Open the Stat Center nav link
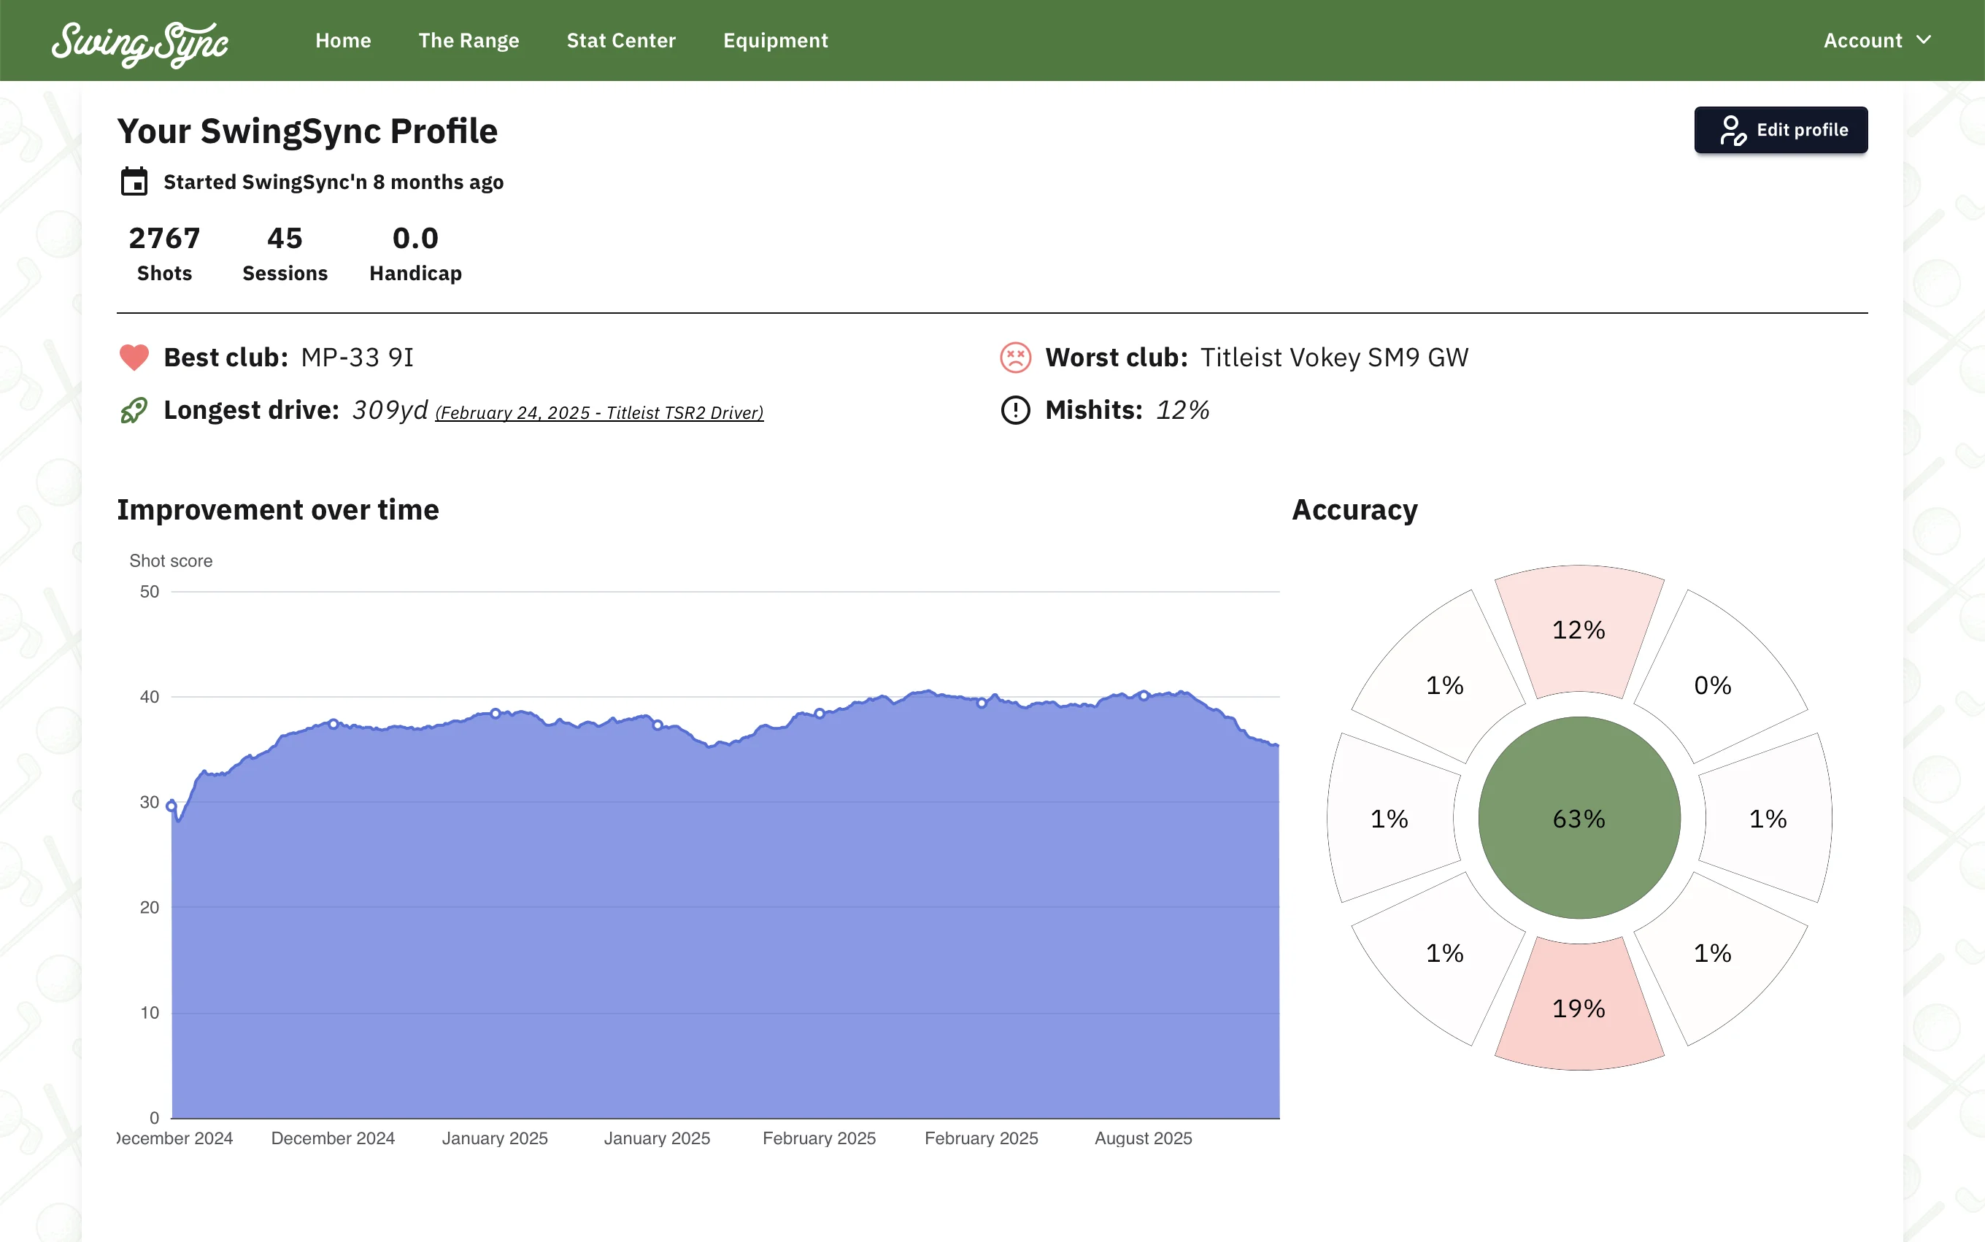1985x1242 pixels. tap(621, 40)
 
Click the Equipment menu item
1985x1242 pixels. tap(775, 40)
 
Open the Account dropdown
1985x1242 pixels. tap(1876, 40)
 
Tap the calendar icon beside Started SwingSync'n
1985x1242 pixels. tap(134, 182)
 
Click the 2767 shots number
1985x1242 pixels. tap(164, 238)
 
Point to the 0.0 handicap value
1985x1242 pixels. tap(415, 238)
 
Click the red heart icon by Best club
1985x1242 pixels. tap(134, 358)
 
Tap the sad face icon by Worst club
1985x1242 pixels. tap(1015, 358)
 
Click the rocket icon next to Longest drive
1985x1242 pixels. tap(134, 410)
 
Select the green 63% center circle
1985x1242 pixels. tap(1579, 818)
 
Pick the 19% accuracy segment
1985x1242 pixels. tap(1579, 1007)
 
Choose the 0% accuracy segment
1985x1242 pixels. tap(1712, 684)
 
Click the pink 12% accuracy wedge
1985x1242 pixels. tap(1579, 629)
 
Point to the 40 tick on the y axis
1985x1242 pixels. tap(150, 697)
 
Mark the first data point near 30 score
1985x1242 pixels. tap(171, 806)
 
